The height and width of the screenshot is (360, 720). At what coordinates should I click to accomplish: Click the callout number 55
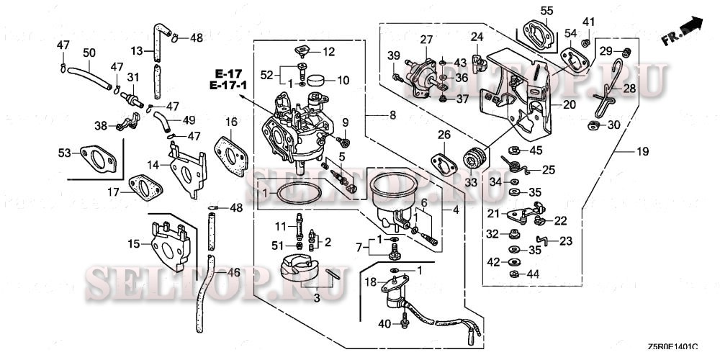click(547, 10)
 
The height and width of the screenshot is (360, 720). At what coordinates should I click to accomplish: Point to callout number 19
click(642, 151)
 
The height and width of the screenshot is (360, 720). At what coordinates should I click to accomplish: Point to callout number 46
click(233, 273)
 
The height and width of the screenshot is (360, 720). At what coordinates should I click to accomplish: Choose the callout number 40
click(384, 324)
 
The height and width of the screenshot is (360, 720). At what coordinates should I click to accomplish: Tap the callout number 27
click(426, 39)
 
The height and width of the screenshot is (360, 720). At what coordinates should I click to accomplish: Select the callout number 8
click(392, 114)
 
